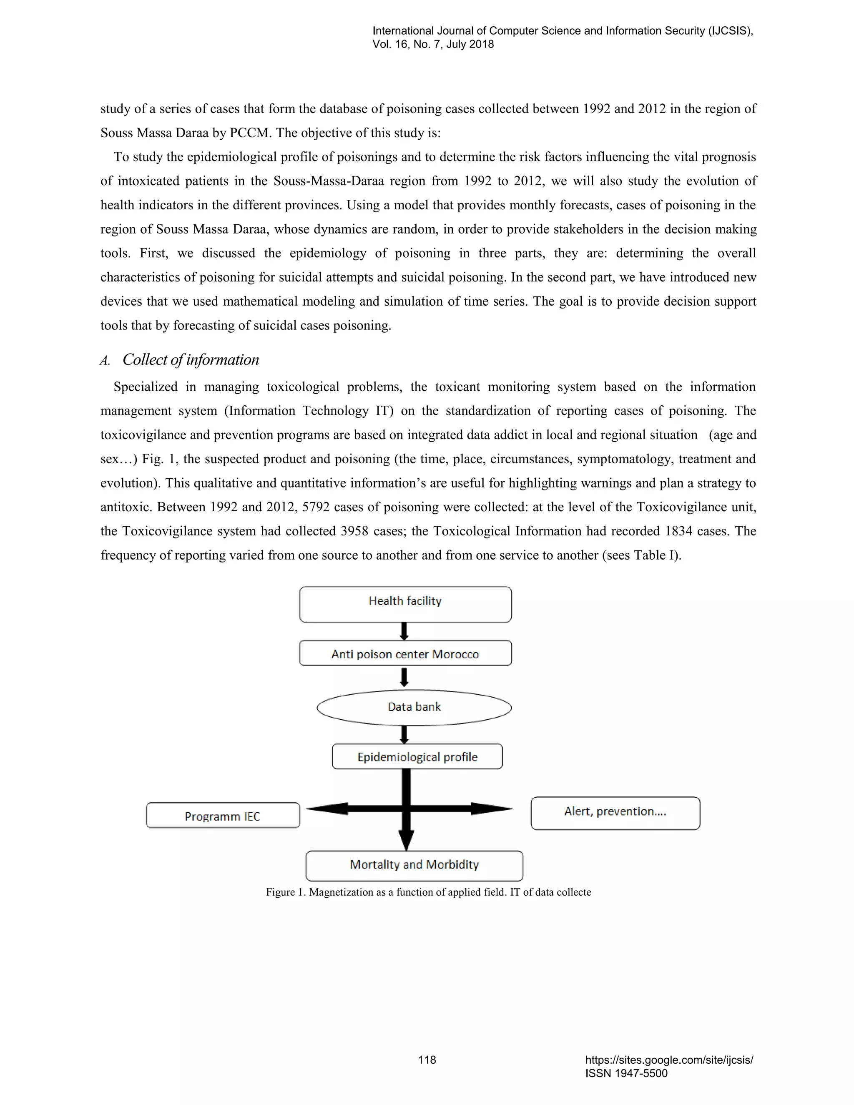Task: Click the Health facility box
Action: pos(405,604)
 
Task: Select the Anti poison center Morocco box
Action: pos(405,653)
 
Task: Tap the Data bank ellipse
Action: pos(414,707)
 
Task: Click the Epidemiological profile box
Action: pos(417,756)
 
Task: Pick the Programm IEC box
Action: pos(223,816)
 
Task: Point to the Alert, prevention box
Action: pos(615,813)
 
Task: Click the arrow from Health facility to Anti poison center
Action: pos(404,631)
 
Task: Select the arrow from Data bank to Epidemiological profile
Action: pos(404,735)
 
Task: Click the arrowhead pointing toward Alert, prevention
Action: pos(491,809)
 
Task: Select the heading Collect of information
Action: pos(190,360)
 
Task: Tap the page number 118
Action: pos(427,1060)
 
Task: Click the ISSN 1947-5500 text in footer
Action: pos(626,1073)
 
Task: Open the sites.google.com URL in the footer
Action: pos(669,1060)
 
